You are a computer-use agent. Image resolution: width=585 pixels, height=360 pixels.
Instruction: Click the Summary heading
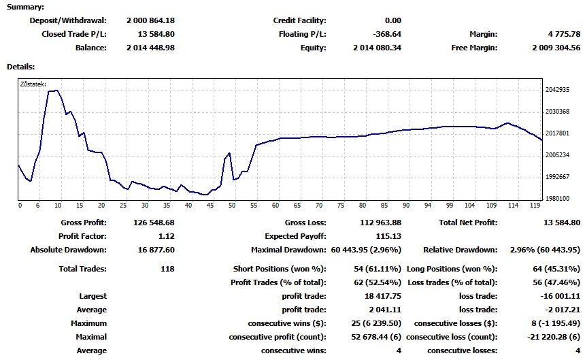pyautogui.click(x=26, y=7)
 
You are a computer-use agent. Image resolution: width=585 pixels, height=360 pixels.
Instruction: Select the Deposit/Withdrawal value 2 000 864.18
pyautogui.click(x=150, y=20)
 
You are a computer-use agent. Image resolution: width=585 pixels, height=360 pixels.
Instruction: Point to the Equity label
pyautogui.click(x=313, y=48)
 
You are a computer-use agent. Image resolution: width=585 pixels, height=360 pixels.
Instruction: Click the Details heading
pyautogui.click(x=20, y=67)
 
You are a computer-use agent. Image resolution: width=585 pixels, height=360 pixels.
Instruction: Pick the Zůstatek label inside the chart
pyautogui.click(x=33, y=84)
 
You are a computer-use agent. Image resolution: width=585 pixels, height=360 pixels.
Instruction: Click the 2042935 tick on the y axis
pyautogui.click(x=556, y=90)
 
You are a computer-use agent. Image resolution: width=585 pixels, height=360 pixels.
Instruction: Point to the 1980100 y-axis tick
pyautogui.click(x=556, y=198)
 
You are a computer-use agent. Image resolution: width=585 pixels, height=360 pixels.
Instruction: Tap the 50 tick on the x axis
pyautogui.click(x=232, y=205)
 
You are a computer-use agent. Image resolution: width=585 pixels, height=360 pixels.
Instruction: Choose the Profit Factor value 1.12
pyautogui.click(x=165, y=236)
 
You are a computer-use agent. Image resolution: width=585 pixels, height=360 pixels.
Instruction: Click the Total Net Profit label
pyautogui.click(x=468, y=223)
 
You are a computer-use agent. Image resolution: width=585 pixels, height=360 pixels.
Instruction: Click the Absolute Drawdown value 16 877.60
pyautogui.click(x=155, y=250)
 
